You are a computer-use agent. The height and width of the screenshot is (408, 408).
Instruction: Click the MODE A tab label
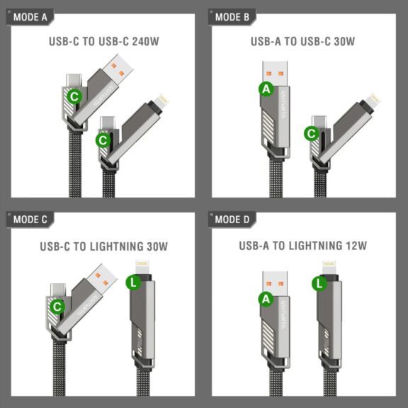pos(30,16)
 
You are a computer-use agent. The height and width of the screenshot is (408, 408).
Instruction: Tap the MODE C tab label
pos(30,220)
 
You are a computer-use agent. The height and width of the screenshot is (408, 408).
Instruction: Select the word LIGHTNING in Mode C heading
pos(127,246)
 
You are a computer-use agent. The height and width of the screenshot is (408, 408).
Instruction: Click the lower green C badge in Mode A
pos(103,140)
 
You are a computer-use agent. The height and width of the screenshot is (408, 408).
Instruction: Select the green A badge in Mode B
pos(266,89)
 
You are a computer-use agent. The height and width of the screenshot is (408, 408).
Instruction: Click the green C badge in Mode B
pos(311,132)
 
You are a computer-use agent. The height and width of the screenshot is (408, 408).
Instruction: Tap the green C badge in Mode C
pos(58,306)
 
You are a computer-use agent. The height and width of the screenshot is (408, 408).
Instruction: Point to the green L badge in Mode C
pos(132,283)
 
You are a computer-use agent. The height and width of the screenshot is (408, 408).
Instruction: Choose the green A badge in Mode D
pos(266,300)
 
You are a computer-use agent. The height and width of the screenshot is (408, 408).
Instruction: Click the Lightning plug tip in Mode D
pos(329,268)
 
